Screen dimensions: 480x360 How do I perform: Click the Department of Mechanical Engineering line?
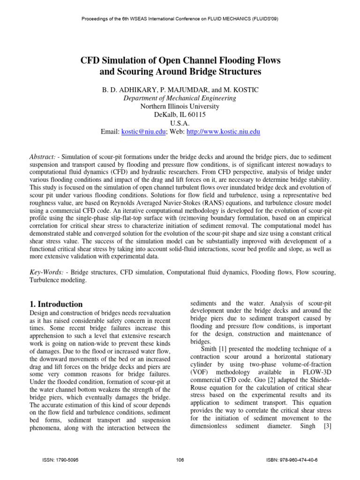click(x=180, y=98)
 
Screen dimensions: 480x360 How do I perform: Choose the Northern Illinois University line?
click(x=180, y=106)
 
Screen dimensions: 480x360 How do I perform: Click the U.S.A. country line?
click(x=180, y=123)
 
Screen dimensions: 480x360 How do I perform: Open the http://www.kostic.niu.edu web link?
click(x=223, y=132)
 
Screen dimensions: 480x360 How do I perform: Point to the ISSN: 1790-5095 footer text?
click(x=60, y=460)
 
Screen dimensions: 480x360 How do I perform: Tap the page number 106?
click(x=180, y=460)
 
